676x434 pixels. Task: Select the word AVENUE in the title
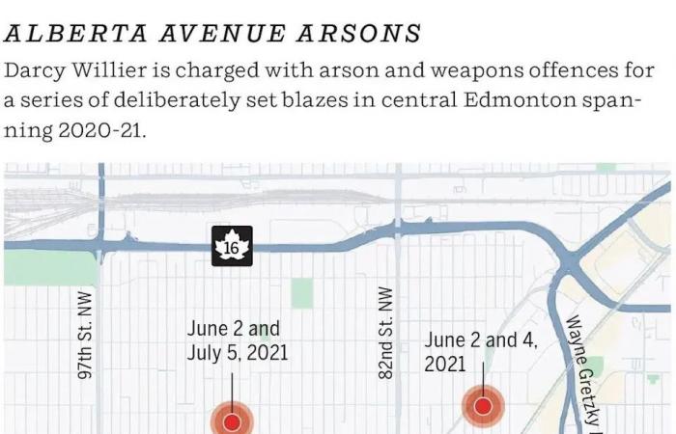[x=213, y=33]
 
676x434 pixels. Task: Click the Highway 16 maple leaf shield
[x=232, y=247]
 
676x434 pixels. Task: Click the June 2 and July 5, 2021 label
[x=237, y=341]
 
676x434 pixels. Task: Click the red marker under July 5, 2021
[x=232, y=422]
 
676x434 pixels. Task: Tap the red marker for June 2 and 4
[x=482, y=406]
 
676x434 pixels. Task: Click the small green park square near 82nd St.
[x=302, y=293]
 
